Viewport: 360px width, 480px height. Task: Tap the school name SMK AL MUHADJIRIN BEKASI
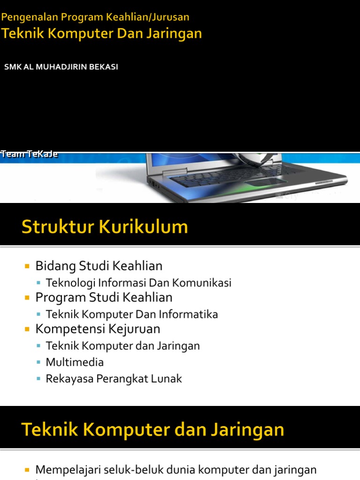61,67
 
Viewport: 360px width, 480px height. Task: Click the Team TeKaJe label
29,154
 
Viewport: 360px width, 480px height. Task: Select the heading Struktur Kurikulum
105,227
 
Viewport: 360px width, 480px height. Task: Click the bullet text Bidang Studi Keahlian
99,266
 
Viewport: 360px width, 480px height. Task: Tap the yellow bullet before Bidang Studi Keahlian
27,266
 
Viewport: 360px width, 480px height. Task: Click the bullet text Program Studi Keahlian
104,297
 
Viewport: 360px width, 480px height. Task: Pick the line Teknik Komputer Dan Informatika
132,314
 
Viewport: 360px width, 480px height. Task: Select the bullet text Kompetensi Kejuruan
98,329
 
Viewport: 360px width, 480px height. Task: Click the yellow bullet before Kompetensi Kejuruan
27,329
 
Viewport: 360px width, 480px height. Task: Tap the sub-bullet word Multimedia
75,362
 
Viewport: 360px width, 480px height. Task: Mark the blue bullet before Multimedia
38,363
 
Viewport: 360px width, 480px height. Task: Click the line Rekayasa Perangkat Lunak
113,379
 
